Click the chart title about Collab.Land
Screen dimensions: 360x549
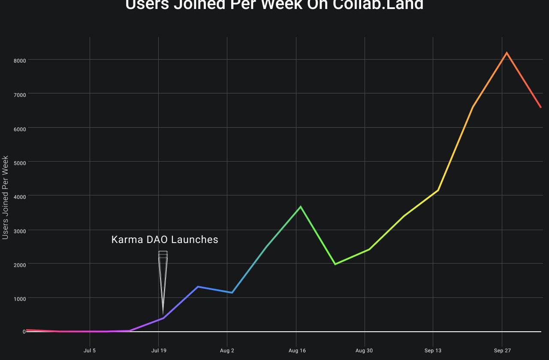pos(274,5)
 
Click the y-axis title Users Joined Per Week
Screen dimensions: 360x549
pos(6,198)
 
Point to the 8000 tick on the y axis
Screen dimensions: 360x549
pos(20,61)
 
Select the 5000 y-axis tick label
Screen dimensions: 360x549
pos(20,163)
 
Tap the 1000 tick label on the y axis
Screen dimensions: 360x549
pos(20,299)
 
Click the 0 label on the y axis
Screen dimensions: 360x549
pos(24,332)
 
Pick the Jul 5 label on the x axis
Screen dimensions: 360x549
pos(90,351)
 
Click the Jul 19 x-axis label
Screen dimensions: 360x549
pos(159,351)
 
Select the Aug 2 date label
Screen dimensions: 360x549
pos(227,351)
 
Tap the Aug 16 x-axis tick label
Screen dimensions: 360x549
pos(297,351)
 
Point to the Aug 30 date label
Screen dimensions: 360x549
pos(364,351)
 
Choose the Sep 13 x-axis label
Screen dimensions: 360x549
pos(433,351)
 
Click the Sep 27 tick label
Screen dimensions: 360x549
pos(502,351)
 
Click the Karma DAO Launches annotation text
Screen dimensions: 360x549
pos(165,240)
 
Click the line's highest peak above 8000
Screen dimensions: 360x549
pos(507,53)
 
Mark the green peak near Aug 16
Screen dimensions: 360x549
pos(301,207)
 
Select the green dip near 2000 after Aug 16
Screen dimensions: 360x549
pos(335,264)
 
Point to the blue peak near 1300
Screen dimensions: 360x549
pos(198,287)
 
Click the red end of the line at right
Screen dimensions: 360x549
pos(540,107)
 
